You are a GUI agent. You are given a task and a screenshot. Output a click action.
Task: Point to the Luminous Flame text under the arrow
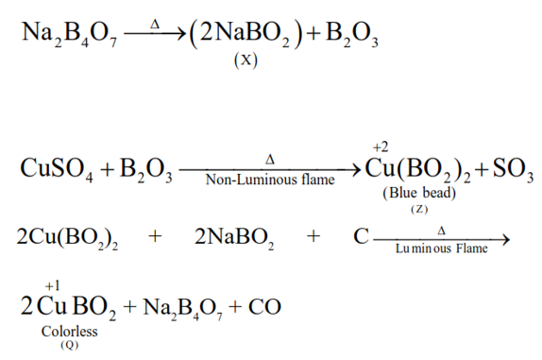pos(442,249)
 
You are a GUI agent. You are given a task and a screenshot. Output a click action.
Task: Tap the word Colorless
pos(69,331)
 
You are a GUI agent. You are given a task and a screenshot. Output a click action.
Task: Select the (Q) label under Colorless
pos(69,346)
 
